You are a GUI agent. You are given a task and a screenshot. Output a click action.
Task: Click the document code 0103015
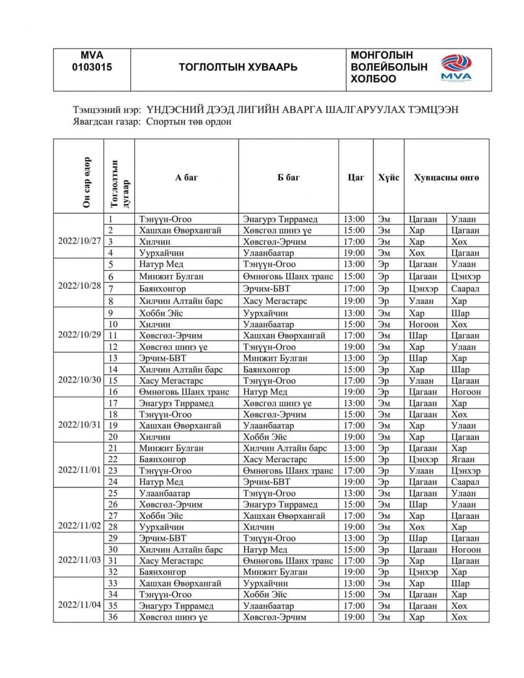(92, 67)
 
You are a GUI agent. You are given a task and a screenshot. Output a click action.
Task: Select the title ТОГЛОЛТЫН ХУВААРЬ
(238, 67)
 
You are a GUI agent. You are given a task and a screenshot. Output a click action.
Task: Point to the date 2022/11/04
(80, 605)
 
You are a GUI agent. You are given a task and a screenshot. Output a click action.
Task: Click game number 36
(113, 617)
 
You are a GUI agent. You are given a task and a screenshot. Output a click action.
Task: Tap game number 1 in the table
(111, 219)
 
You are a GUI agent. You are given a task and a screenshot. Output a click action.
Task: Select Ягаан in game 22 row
(463, 459)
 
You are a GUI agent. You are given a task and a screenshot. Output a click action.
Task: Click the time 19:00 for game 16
(355, 392)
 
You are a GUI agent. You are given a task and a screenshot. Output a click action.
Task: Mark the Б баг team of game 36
(274, 617)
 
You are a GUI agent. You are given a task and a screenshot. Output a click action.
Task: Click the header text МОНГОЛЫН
(382, 55)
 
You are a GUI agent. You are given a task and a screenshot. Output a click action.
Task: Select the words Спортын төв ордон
(189, 121)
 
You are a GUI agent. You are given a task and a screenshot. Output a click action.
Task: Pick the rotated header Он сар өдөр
(86, 176)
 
